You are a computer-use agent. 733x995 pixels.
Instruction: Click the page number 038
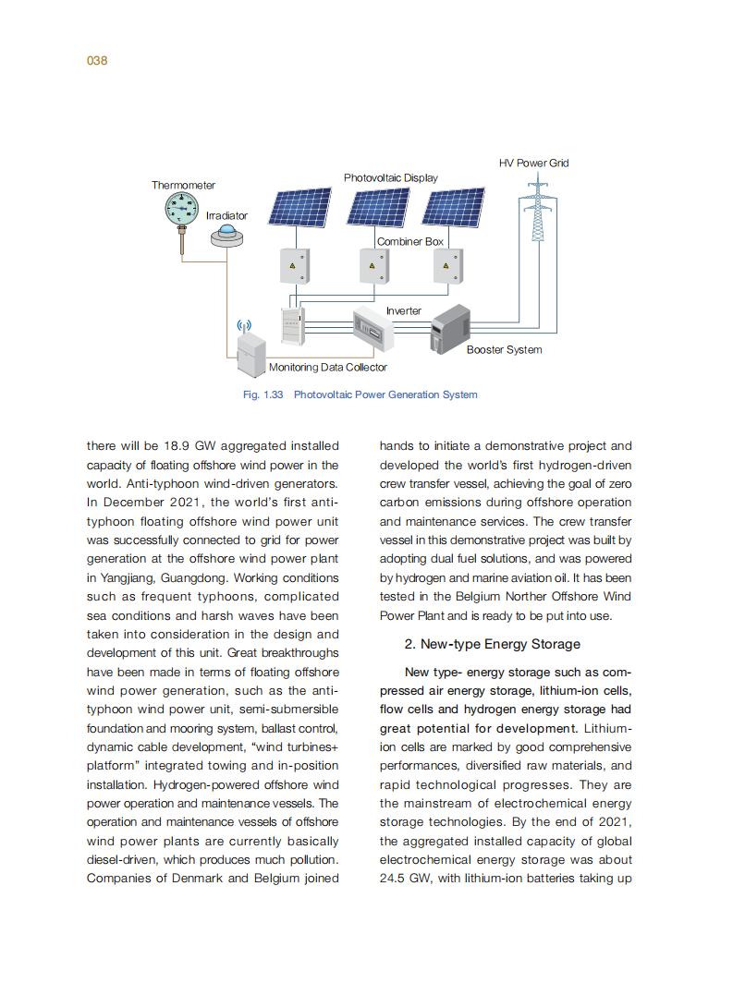click(97, 61)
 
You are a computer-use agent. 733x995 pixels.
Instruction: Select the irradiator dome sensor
click(227, 237)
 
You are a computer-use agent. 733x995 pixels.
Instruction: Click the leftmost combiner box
click(294, 266)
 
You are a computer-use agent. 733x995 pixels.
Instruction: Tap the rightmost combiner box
click(447, 266)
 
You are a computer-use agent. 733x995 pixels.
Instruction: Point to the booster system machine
click(451, 330)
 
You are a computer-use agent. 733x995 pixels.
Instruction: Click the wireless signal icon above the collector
click(244, 326)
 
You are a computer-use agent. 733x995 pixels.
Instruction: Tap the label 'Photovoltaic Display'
click(391, 177)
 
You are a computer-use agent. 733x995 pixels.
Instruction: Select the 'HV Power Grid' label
click(533, 163)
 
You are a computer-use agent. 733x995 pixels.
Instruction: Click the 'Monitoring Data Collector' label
click(328, 368)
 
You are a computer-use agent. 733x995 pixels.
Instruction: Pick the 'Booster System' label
click(504, 350)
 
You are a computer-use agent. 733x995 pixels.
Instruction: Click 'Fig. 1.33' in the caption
click(262, 394)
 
